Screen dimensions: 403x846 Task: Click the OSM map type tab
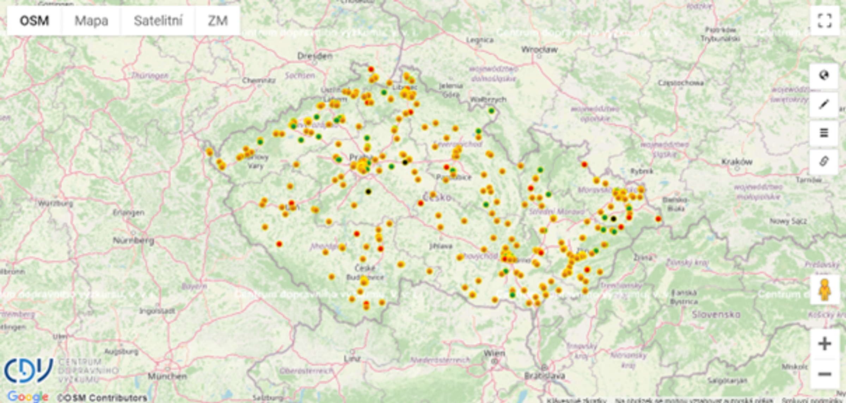(x=34, y=21)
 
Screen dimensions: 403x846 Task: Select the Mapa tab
(x=91, y=21)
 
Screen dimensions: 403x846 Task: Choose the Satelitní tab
(x=158, y=21)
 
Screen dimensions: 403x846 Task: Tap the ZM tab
(x=217, y=21)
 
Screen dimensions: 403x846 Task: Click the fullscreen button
(x=824, y=20)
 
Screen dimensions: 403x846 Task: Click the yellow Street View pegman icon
(x=824, y=290)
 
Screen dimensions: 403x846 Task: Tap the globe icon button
(x=824, y=76)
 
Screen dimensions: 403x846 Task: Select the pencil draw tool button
(x=824, y=104)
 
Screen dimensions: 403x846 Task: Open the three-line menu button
(x=824, y=133)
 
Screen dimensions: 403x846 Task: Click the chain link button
(x=824, y=162)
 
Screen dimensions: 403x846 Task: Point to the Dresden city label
(x=315, y=56)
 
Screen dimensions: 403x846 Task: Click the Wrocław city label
(x=539, y=49)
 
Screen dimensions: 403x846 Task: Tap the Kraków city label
(x=737, y=162)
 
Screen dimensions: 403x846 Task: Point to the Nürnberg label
(x=133, y=240)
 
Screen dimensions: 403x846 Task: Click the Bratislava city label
(x=545, y=375)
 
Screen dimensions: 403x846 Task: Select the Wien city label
(x=494, y=353)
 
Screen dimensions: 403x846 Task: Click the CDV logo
(x=28, y=371)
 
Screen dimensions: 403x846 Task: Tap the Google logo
(x=27, y=396)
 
